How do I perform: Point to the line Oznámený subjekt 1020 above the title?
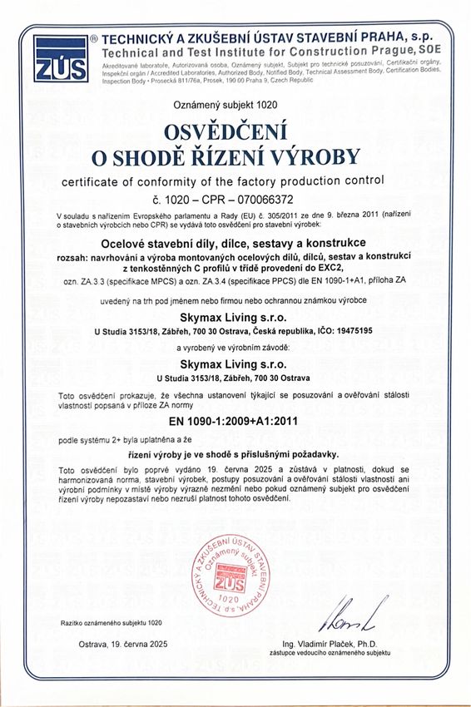click(x=235, y=106)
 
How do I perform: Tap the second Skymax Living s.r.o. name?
click(x=235, y=363)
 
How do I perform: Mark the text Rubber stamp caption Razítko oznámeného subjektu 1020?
click(x=111, y=622)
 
